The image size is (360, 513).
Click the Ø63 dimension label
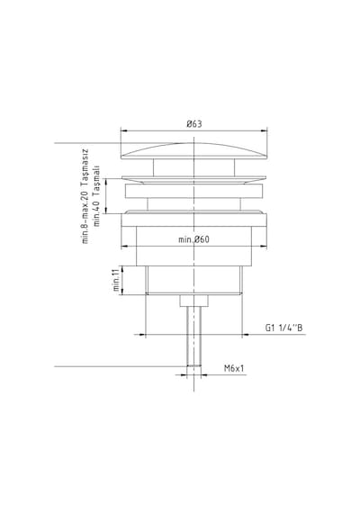194,124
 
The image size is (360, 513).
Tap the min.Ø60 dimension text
193,239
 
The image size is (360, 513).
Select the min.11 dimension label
116,280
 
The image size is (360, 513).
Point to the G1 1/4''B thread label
283,328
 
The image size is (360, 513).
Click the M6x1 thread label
234,368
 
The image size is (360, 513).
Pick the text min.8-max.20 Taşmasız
85,196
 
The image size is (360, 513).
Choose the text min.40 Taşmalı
96,195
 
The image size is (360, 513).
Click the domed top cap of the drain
194,151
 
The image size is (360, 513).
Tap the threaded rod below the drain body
193,337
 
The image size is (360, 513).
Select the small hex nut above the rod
193,301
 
